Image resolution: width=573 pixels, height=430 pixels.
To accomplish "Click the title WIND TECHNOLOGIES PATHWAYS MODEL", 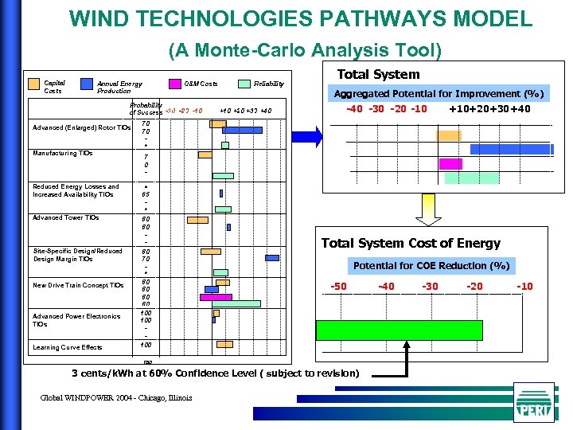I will pyautogui.click(x=300, y=18).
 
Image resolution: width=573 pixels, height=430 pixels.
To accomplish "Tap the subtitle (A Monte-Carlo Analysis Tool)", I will pyautogui.click(x=304, y=51).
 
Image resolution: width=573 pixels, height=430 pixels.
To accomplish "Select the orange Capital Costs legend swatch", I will pyautogui.click(x=35, y=83).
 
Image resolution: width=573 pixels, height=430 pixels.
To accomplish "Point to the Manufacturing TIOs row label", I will pyautogui.click(x=63, y=153).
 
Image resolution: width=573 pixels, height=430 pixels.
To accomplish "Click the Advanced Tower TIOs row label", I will pyautogui.click(x=66, y=217).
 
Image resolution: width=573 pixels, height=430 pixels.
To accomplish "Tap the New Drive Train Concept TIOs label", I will pyautogui.click(x=78, y=285).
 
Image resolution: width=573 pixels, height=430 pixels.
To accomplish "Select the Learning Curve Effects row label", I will pyautogui.click(x=68, y=347).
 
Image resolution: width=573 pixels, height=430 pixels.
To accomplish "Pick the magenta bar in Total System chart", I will pyautogui.click(x=450, y=163).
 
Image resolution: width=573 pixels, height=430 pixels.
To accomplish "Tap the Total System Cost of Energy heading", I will pyautogui.click(x=411, y=243).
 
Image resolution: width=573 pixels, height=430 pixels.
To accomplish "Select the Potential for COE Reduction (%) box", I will pyautogui.click(x=431, y=265).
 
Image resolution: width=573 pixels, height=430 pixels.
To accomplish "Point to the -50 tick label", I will pyautogui.click(x=338, y=285).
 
